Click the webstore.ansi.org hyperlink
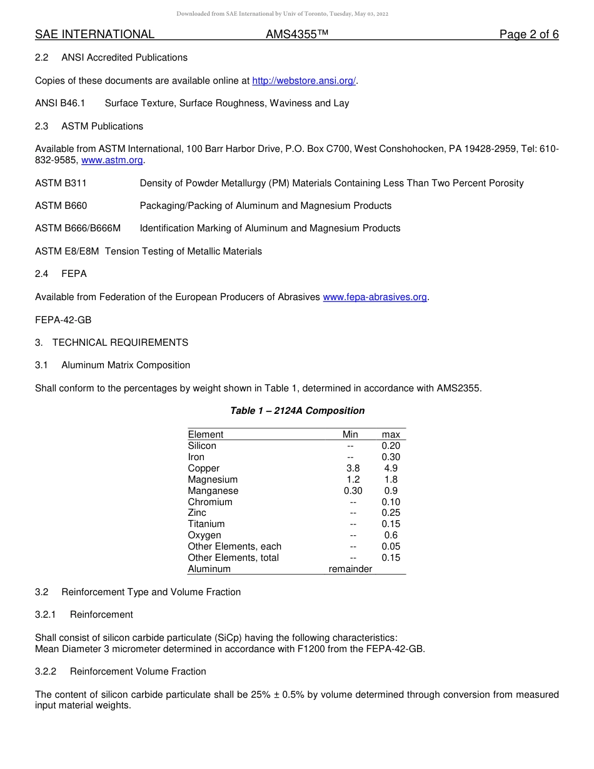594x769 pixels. pos(304,81)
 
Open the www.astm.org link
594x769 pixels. pos(113,160)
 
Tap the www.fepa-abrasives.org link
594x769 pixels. pos(375,297)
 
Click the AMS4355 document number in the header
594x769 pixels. pos(296,34)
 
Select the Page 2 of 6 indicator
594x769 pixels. pos(529,34)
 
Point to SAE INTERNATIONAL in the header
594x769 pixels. pos(94,34)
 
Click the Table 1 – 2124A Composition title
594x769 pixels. pos(297,411)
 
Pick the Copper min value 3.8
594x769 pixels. pos(353,468)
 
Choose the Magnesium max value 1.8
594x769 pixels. pos(391,480)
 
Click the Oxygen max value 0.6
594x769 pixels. pos(391,535)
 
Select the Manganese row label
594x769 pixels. pos(213,491)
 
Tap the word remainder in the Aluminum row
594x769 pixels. pos(350,569)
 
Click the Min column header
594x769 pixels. pos(350,435)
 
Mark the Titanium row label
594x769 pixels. pos(206,524)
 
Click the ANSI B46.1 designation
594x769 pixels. pos(60,103)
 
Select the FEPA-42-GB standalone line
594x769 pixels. pos(63,320)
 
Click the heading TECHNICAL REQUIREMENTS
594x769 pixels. pos(120,343)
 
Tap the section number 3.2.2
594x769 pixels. pos(46,671)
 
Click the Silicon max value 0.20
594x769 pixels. pos(391,446)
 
